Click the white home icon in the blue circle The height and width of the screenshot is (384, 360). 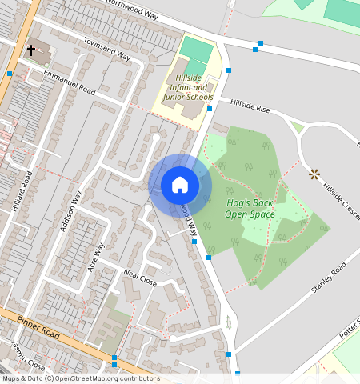pyautogui.click(x=180, y=185)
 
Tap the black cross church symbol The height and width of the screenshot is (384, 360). pyautogui.click(x=31, y=50)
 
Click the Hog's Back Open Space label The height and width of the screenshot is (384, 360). pyautogui.click(x=249, y=208)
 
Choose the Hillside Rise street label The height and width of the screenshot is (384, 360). pyautogui.click(x=252, y=104)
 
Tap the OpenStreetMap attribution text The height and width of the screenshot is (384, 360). pyautogui.click(x=80, y=378)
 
